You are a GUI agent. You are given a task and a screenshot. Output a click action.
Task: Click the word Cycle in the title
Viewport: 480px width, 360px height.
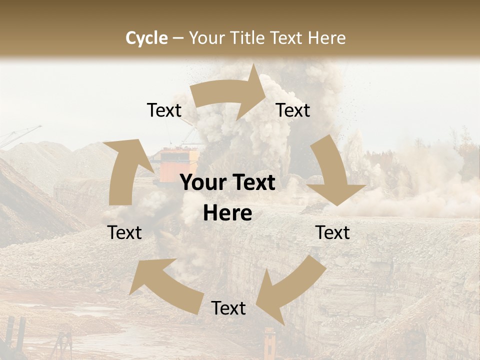(146, 38)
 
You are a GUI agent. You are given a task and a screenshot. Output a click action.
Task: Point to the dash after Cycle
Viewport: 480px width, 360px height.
(178, 38)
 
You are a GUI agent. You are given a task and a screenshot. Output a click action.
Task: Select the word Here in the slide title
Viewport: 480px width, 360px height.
(327, 38)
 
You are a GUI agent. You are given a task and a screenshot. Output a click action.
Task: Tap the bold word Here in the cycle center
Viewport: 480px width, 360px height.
(227, 213)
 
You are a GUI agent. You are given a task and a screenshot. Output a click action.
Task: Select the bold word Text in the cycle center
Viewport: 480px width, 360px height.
(251, 183)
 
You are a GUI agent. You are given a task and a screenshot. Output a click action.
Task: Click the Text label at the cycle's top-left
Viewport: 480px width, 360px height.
(164, 110)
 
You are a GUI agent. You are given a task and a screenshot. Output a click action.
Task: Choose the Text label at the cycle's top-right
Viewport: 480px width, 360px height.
(293, 110)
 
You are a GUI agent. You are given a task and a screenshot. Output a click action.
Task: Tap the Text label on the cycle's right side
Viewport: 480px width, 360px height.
(333, 232)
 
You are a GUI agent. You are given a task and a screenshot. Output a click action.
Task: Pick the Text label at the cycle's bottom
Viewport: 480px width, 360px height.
(228, 308)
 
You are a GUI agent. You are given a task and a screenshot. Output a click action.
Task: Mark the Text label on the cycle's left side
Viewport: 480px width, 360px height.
(124, 232)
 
